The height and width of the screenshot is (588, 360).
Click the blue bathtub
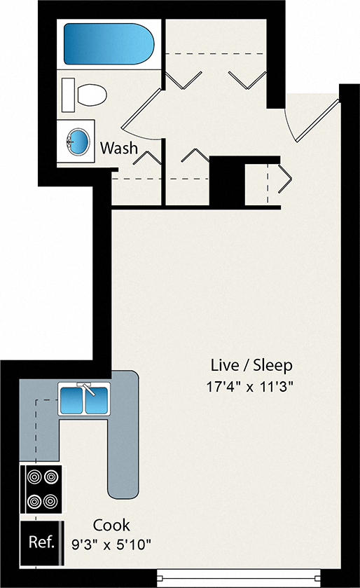click(109, 44)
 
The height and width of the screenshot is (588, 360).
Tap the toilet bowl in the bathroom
click(92, 95)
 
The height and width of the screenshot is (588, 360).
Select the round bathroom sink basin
click(78, 142)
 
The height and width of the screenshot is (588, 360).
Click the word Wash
click(119, 148)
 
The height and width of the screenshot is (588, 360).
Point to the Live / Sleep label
click(251, 365)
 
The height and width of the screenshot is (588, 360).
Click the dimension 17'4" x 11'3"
click(249, 386)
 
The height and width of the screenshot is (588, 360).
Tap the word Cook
click(111, 525)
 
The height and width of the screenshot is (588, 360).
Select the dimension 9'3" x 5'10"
click(111, 544)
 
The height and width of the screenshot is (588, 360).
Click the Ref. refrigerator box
click(42, 542)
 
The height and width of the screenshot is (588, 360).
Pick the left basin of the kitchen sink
click(71, 400)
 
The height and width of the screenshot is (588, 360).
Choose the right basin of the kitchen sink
click(96, 400)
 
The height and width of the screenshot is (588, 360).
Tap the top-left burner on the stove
click(34, 477)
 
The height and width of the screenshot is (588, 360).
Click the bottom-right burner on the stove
click(51, 501)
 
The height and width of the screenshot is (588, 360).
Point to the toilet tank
click(68, 95)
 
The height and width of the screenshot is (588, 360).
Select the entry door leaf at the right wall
click(317, 121)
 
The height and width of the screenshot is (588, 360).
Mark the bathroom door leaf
click(141, 109)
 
